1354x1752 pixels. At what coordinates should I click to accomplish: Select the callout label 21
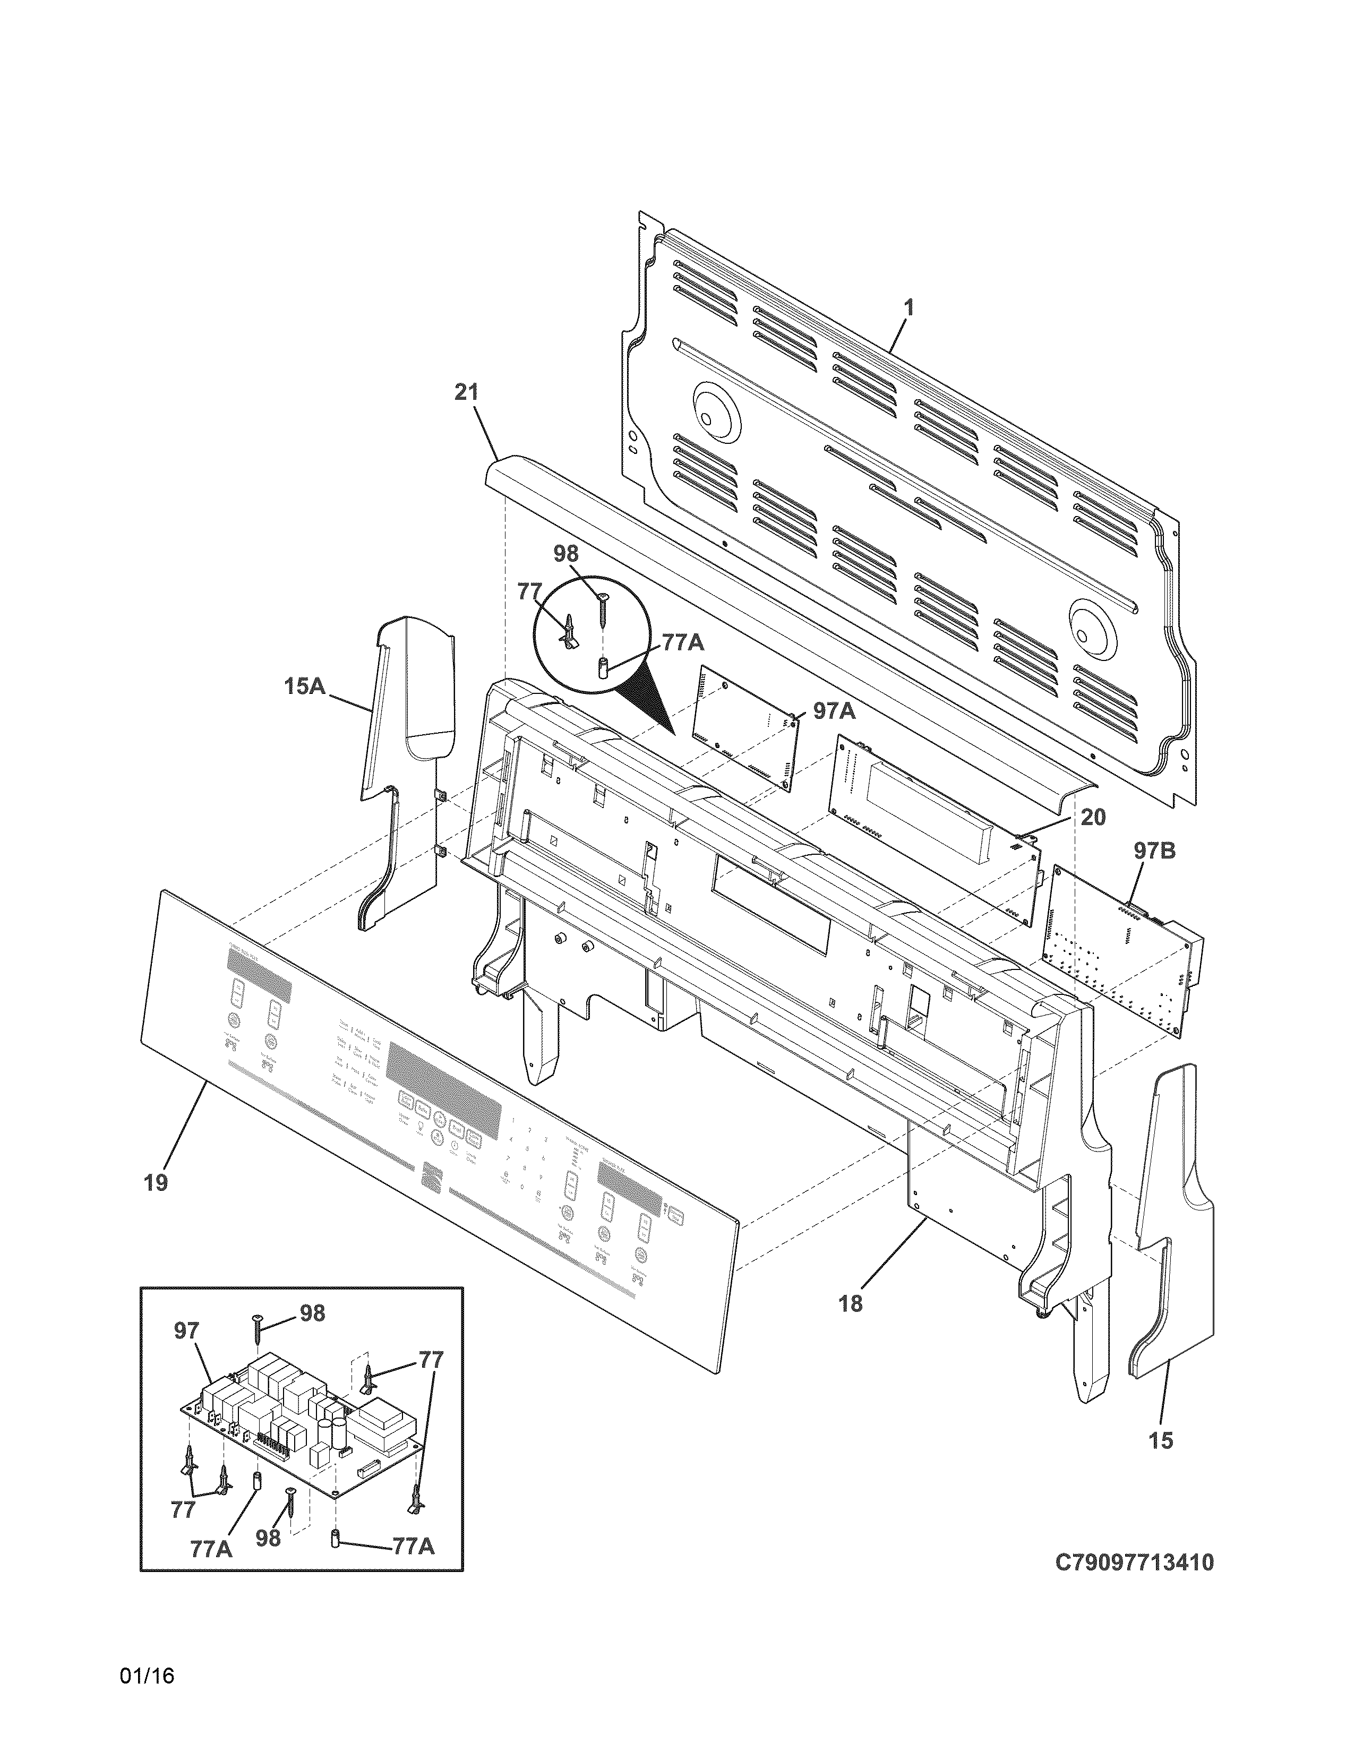tap(466, 392)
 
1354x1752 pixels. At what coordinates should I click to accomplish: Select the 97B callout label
tap(1154, 851)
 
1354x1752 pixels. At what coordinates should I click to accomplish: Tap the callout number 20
tap(1093, 818)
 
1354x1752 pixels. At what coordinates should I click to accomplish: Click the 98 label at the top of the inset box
tap(313, 1313)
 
